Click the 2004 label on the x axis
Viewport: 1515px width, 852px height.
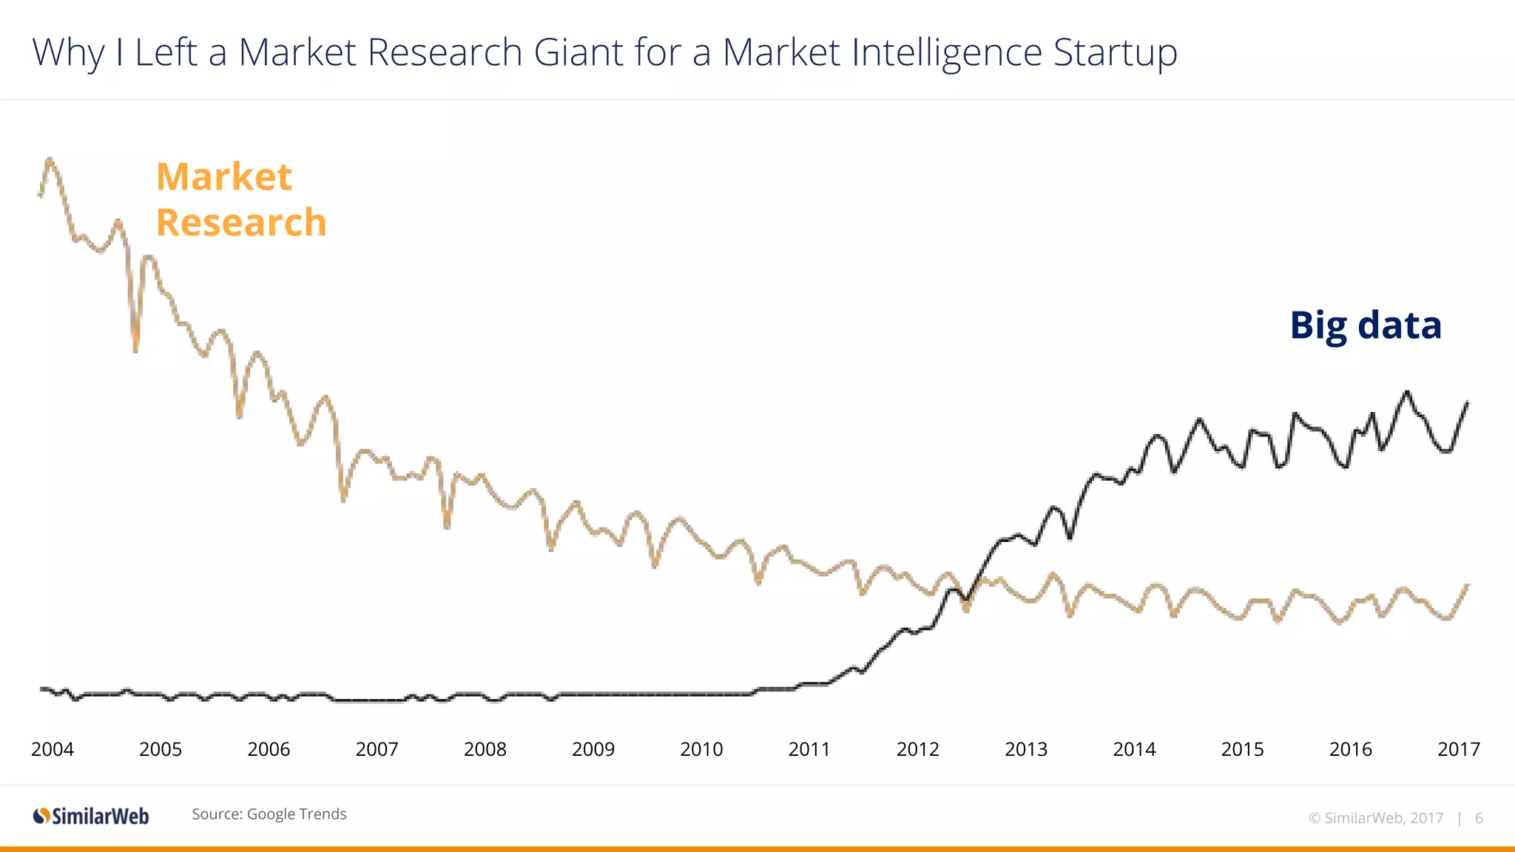click(53, 749)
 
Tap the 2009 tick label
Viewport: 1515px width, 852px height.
click(593, 749)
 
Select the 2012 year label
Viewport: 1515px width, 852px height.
click(917, 749)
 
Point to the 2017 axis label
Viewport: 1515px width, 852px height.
click(1458, 749)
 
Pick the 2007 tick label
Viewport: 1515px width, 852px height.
click(377, 749)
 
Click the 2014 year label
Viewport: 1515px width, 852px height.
click(1134, 749)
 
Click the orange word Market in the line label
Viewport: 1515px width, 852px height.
click(224, 177)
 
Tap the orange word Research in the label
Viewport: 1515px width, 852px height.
click(241, 223)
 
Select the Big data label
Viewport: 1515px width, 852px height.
click(1366, 325)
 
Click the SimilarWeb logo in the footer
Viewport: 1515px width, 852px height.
click(91, 816)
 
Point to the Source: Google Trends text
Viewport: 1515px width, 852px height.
click(269, 814)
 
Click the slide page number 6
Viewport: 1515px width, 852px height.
click(1479, 818)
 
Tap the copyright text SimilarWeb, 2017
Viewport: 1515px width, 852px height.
click(1376, 818)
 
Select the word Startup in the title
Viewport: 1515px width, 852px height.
click(1115, 53)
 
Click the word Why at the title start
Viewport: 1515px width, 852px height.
click(68, 53)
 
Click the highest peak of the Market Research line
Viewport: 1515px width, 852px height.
click(50, 159)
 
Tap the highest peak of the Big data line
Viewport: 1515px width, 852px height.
click(1407, 392)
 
